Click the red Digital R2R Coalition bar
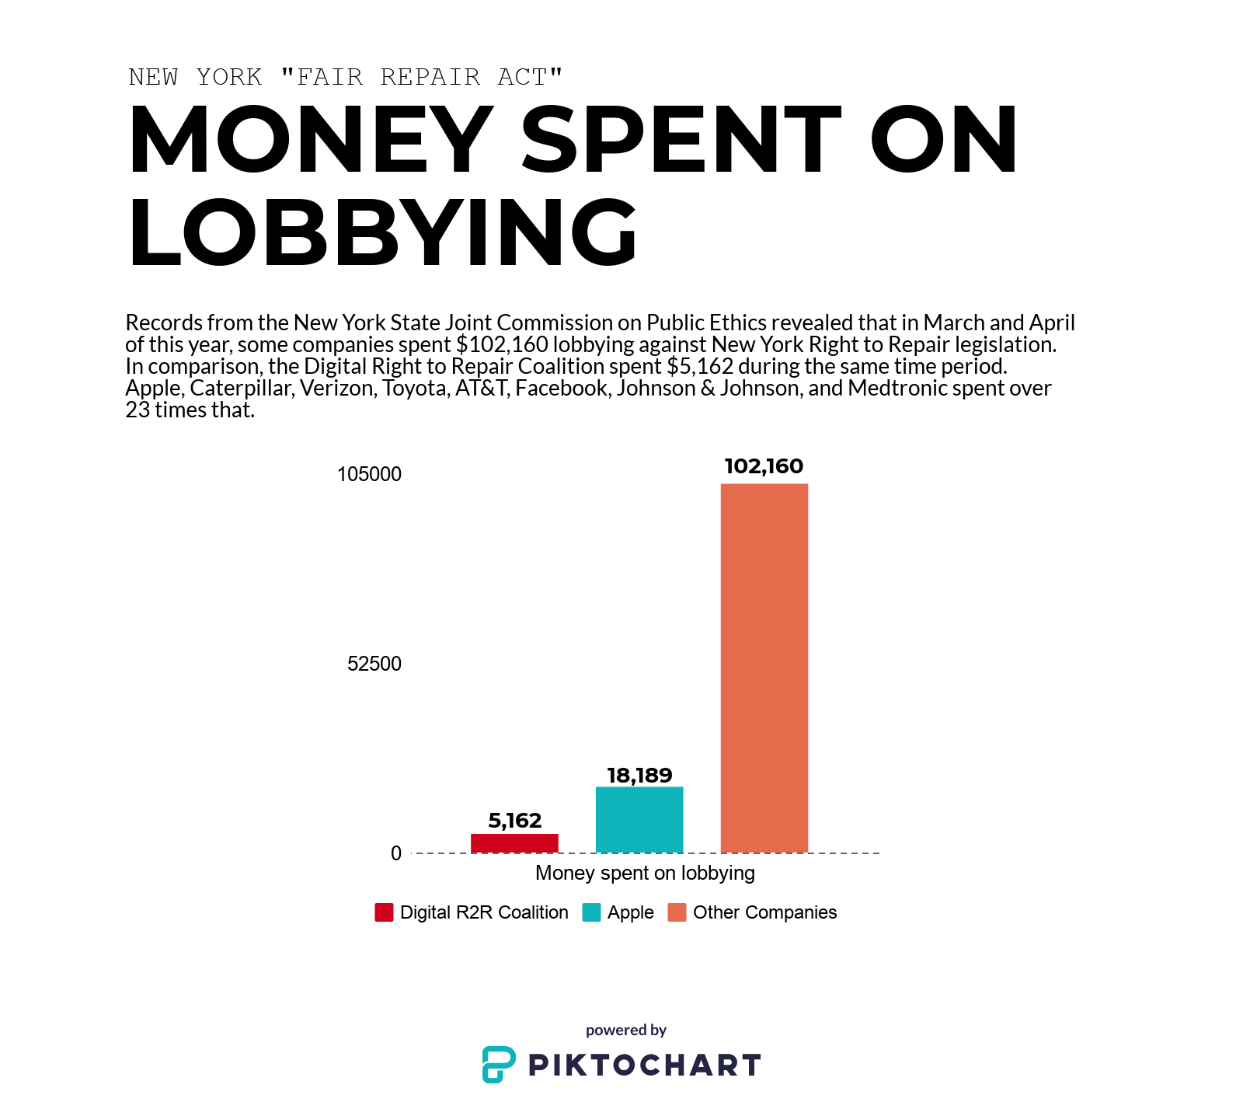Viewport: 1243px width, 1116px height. click(514, 843)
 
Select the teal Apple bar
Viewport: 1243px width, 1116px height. click(639, 820)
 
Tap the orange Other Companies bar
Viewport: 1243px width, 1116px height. click(764, 668)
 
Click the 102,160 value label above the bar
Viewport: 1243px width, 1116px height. click(764, 466)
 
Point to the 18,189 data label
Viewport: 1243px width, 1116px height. click(639, 776)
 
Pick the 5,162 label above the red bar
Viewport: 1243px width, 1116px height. click(514, 821)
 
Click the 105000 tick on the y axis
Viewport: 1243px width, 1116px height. click(369, 474)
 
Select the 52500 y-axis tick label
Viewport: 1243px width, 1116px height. click(374, 664)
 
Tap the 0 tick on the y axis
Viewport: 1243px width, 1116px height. click(396, 853)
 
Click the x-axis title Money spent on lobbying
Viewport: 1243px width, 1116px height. click(645, 873)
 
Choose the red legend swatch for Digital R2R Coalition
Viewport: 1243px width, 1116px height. click(384, 912)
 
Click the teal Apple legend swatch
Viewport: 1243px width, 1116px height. click(591, 912)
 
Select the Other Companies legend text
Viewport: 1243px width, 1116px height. click(764, 912)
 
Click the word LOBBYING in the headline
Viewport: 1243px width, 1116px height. click(382, 232)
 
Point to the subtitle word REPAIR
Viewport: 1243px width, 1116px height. click(430, 77)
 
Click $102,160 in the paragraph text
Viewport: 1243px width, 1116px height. click(502, 344)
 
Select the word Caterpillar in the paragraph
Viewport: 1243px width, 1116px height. click(242, 388)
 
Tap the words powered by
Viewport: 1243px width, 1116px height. click(626, 1030)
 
